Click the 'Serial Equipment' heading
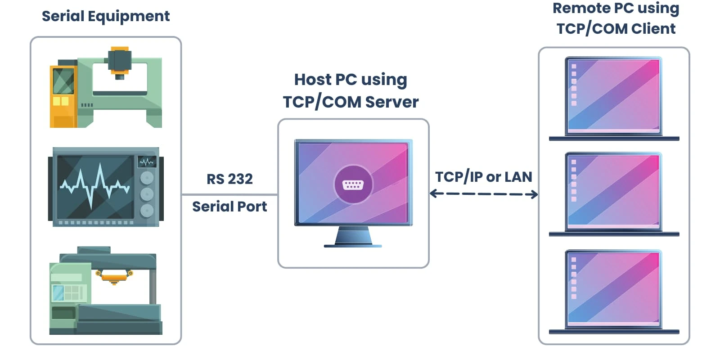point(105,16)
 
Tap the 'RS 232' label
point(229,179)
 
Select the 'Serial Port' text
point(229,207)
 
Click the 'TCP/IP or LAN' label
point(483,177)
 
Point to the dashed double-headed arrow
point(484,194)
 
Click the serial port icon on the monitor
point(353,184)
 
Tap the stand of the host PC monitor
point(353,236)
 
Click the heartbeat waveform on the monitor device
point(94,184)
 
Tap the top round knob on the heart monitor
point(147,178)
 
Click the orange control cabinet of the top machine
point(63,97)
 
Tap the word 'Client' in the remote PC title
point(653,29)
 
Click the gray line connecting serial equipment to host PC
point(229,194)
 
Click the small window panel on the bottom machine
point(67,292)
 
